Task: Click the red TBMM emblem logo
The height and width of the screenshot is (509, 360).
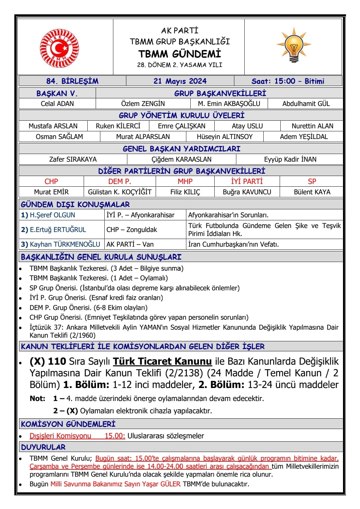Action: coord(60,48)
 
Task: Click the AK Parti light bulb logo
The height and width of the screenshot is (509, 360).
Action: coord(294,46)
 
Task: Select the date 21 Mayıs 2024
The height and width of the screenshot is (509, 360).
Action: coord(180,81)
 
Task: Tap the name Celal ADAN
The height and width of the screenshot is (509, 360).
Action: coord(57,104)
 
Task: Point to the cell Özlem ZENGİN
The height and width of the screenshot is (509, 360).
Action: coord(143,104)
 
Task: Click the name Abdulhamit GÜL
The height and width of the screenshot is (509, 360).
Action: coord(306,104)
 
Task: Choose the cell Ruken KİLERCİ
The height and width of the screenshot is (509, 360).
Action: coord(118,126)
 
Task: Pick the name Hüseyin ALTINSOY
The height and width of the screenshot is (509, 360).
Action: coord(225,137)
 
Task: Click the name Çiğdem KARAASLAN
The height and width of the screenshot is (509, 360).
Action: coord(182,159)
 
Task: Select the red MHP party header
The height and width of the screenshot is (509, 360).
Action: coord(185,181)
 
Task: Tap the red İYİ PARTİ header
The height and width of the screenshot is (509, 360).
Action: coord(247,181)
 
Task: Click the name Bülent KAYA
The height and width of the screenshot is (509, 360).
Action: coord(312,192)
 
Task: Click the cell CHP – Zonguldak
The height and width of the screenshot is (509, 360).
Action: coord(132,230)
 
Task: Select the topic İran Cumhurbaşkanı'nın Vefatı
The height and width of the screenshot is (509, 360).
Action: coord(233,244)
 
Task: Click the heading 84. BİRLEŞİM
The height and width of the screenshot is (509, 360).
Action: coord(72,81)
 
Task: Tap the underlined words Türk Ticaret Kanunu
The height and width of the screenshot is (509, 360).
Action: coord(162,361)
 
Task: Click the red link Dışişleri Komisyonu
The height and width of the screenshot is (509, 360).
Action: coord(60,436)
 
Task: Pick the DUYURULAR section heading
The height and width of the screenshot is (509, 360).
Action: coord(43,447)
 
